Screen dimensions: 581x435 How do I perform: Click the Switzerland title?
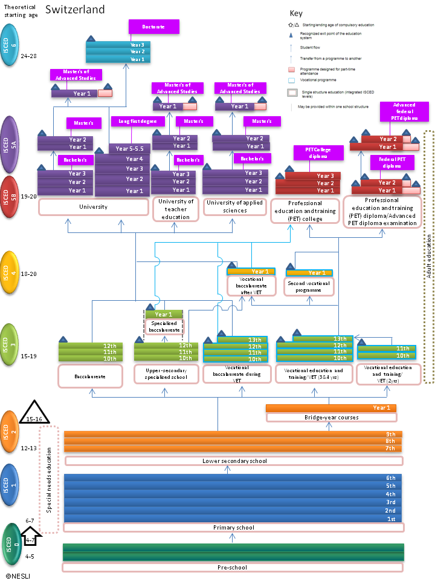click(x=75, y=10)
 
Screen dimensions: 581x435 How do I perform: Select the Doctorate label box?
click(x=154, y=27)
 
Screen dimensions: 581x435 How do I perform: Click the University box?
click(x=93, y=207)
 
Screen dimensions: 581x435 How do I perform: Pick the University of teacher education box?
click(x=175, y=209)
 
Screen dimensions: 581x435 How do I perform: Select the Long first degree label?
click(x=138, y=122)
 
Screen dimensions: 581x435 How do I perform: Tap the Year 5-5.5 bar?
click(x=129, y=149)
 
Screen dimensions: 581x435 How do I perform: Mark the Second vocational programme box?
click(x=309, y=287)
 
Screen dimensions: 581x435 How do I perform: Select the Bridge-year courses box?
click(x=331, y=418)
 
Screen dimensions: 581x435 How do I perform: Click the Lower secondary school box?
click(x=234, y=461)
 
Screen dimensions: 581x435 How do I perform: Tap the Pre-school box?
click(x=233, y=568)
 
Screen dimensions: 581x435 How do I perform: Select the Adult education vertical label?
click(x=429, y=257)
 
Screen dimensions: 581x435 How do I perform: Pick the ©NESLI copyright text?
click(x=18, y=576)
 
